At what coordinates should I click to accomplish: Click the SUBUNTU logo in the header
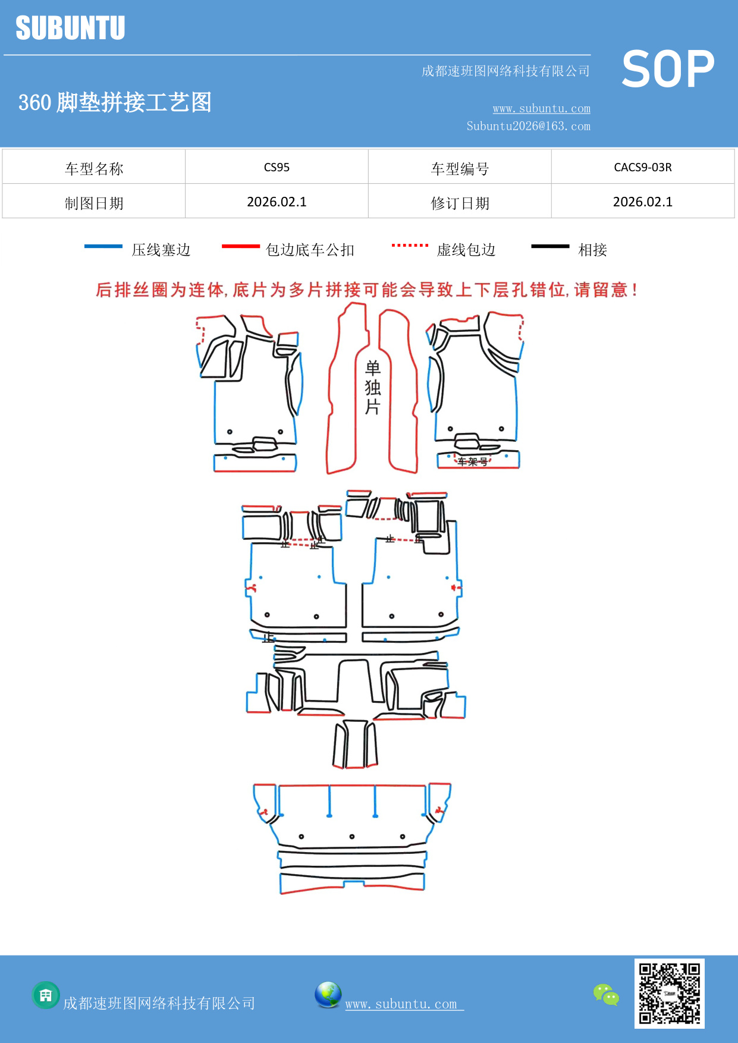[x=70, y=28]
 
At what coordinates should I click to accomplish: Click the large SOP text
[x=668, y=70]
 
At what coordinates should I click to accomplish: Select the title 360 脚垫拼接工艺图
[x=115, y=102]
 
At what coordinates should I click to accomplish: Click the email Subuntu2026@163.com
[x=528, y=126]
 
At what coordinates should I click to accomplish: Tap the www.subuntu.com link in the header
[x=541, y=108]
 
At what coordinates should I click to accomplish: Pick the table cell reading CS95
[x=277, y=167]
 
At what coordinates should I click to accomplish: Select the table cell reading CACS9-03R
[x=642, y=167]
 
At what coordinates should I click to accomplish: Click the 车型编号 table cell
[x=460, y=169]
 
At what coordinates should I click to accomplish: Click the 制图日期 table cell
[x=94, y=203]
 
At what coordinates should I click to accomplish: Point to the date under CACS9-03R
[x=642, y=202]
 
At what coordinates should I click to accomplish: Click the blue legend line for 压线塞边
[x=103, y=246]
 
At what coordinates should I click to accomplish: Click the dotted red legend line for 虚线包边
[x=410, y=245]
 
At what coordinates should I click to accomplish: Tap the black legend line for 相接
[x=550, y=246]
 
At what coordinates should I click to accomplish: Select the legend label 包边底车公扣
[x=310, y=250]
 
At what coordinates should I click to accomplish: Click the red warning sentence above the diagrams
[x=367, y=290]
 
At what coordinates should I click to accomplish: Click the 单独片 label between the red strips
[x=372, y=388]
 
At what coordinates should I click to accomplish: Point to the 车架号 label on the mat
[x=473, y=461]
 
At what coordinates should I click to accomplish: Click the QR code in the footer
[x=669, y=994]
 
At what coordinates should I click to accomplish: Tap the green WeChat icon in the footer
[x=606, y=995]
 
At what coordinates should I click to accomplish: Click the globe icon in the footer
[x=328, y=995]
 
